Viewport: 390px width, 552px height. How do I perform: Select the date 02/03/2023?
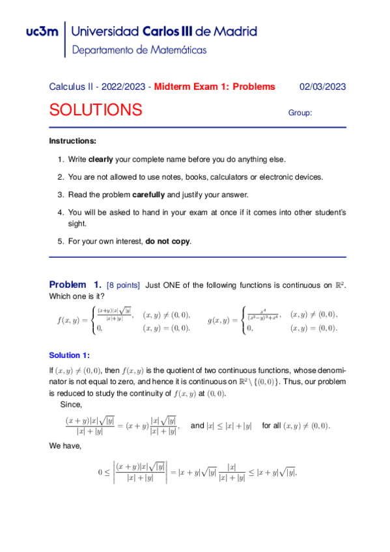pos(322,87)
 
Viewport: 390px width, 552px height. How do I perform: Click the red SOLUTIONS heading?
pos(96,110)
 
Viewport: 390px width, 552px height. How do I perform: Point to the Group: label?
pos(300,113)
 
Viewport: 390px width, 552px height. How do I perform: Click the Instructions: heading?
pos(73,141)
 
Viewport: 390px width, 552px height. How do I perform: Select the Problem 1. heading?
pos(75,284)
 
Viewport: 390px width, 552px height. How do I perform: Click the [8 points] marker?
pos(123,285)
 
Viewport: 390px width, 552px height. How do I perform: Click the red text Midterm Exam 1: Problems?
pos(215,87)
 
